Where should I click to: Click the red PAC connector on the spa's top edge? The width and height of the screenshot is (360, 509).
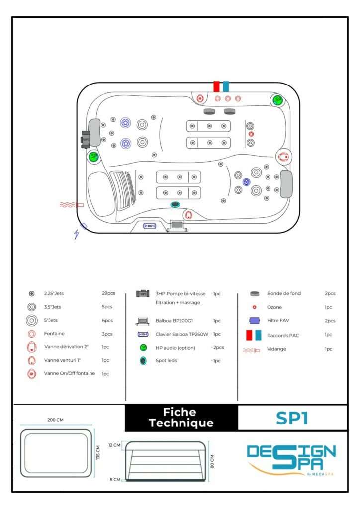[216, 86]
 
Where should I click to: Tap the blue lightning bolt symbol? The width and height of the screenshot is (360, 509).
[76, 234]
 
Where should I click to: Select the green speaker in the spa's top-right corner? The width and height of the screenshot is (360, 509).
[278, 100]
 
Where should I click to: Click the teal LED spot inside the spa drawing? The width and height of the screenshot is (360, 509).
[175, 204]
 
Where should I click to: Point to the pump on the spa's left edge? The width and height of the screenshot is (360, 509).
[86, 139]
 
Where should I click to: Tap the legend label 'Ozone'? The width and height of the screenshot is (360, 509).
[274, 307]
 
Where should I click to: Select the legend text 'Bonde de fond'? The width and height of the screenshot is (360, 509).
[283, 293]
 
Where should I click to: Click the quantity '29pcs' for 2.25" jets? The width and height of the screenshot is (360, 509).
[109, 293]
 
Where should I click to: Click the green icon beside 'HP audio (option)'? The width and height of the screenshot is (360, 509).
[143, 347]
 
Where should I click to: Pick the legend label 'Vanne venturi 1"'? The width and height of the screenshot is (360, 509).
[63, 360]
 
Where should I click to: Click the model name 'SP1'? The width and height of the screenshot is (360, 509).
[292, 418]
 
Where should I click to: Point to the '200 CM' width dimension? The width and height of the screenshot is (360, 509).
[55, 420]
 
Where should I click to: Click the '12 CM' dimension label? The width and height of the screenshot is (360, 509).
[114, 445]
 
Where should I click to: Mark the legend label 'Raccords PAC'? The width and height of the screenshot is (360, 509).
[282, 335]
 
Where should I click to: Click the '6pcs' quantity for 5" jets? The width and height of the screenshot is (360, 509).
[107, 320]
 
